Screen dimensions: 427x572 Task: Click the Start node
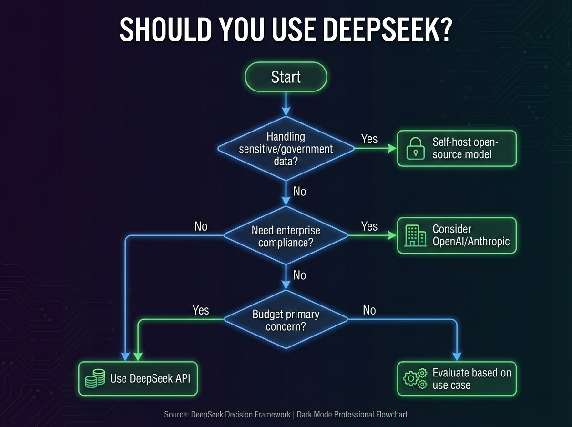[286, 77]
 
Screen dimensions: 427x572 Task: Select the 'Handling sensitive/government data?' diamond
[286, 148]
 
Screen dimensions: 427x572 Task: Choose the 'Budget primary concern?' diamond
[286, 321]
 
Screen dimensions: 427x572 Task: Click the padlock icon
[415, 149]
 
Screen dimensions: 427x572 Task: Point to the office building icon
[415, 235]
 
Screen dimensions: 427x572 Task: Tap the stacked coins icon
[94, 378]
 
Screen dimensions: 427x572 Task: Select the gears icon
[415, 378]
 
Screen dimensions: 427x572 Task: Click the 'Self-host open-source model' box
[457, 148]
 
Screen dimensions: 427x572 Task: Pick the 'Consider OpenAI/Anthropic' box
[457, 235]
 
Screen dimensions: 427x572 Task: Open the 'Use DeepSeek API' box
[138, 378]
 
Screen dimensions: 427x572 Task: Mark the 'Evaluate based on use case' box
[457, 378]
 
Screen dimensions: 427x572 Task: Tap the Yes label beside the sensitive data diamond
[369, 139]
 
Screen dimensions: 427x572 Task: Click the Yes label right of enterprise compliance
[369, 226]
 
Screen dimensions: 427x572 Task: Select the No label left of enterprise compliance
[201, 226]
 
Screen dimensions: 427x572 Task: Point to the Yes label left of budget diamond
[201, 310]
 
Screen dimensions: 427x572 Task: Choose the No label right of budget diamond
[369, 310]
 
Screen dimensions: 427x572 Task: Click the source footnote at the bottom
[286, 414]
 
